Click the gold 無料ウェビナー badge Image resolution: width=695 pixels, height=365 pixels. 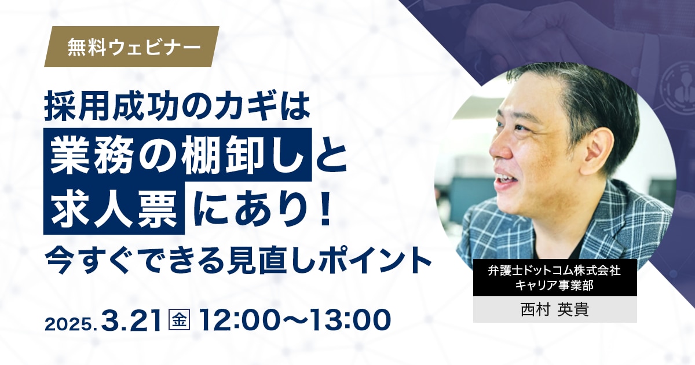[x=132, y=46]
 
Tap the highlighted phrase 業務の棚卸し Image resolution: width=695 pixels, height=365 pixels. [x=177, y=155]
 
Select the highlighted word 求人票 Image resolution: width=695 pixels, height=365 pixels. [x=114, y=208]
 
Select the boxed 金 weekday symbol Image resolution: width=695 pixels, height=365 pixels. [x=179, y=320]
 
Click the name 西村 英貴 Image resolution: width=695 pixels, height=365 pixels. [x=555, y=309]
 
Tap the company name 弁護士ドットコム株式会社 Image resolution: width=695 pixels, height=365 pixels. [x=554, y=271]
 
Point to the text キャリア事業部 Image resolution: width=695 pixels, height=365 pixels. [x=554, y=285]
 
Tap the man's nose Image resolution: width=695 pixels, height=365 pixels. [x=498, y=148]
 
